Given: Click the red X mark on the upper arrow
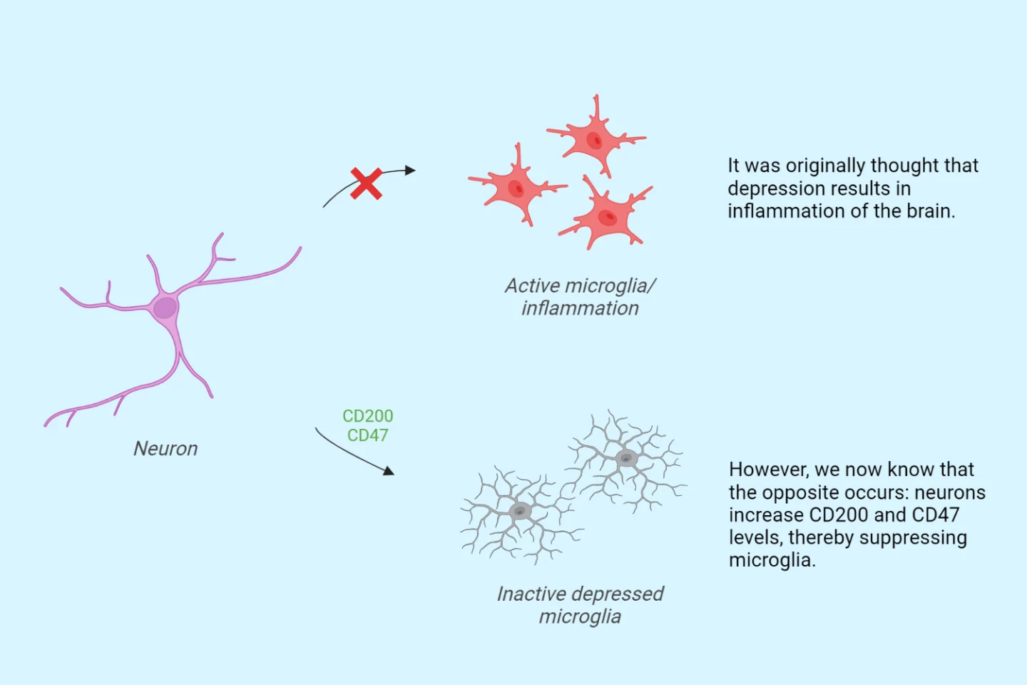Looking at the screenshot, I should pyautogui.click(x=366, y=184).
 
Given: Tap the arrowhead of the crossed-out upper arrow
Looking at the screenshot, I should pyautogui.click(x=409, y=170).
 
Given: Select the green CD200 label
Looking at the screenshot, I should pyautogui.click(x=367, y=416).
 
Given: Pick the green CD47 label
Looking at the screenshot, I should pyautogui.click(x=367, y=435).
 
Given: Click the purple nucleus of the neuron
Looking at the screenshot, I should pyautogui.click(x=165, y=308).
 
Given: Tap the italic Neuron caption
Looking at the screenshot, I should pyautogui.click(x=165, y=449).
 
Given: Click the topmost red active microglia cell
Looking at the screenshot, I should pyautogui.click(x=594, y=138).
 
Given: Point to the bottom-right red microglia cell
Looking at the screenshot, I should pyautogui.click(x=607, y=216).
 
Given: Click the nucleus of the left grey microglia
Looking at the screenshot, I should pyautogui.click(x=521, y=512).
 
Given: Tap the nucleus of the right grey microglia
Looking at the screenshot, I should pyautogui.click(x=626, y=459).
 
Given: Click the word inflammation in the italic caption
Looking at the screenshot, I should pyautogui.click(x=580, y=308).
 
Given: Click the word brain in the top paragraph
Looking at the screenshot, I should pyautogui.click(x=928, y=211).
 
